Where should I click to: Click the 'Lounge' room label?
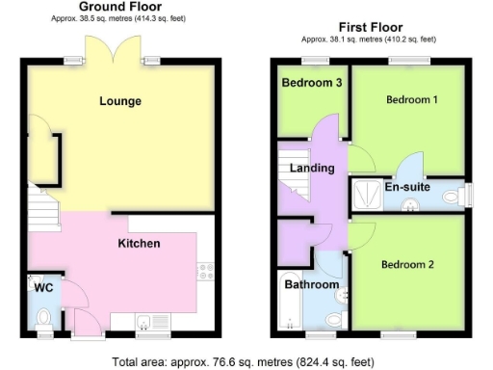pos(119,101)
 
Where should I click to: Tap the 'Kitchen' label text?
pos(139,244)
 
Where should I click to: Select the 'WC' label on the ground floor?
pos(42,286)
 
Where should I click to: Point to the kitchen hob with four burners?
pos(205,270)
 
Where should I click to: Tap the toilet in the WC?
pos(42,316)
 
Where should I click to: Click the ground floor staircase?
pos(40,204)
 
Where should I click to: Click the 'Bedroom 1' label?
pos(412,100)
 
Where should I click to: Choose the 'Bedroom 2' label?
pos(407,264)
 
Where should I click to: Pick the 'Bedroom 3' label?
pos(312,83)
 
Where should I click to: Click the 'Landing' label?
pos(312,168)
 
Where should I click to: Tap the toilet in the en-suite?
pos(454,197)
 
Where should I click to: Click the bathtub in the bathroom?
pos(291,311)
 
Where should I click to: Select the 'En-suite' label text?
pos(408,187)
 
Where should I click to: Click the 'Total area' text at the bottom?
pos(246,362)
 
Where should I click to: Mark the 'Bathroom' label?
pos(311,285)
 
